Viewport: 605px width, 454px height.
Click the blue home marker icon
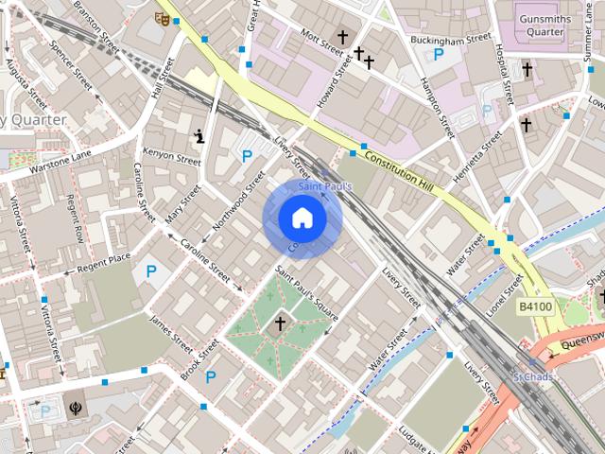pos(302,218)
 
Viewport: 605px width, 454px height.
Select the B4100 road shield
pos(534,307)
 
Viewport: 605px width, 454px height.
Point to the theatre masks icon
pos(162,17)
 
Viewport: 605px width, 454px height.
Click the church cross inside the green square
pos(279,324)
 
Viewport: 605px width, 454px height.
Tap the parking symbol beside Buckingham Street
pos(438,56)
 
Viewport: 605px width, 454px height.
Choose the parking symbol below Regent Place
pos(150,272)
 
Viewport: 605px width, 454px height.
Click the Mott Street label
pos(319,38)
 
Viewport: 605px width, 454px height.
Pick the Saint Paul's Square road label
pos(306,291)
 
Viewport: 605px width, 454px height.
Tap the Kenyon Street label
pos(171,157)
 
